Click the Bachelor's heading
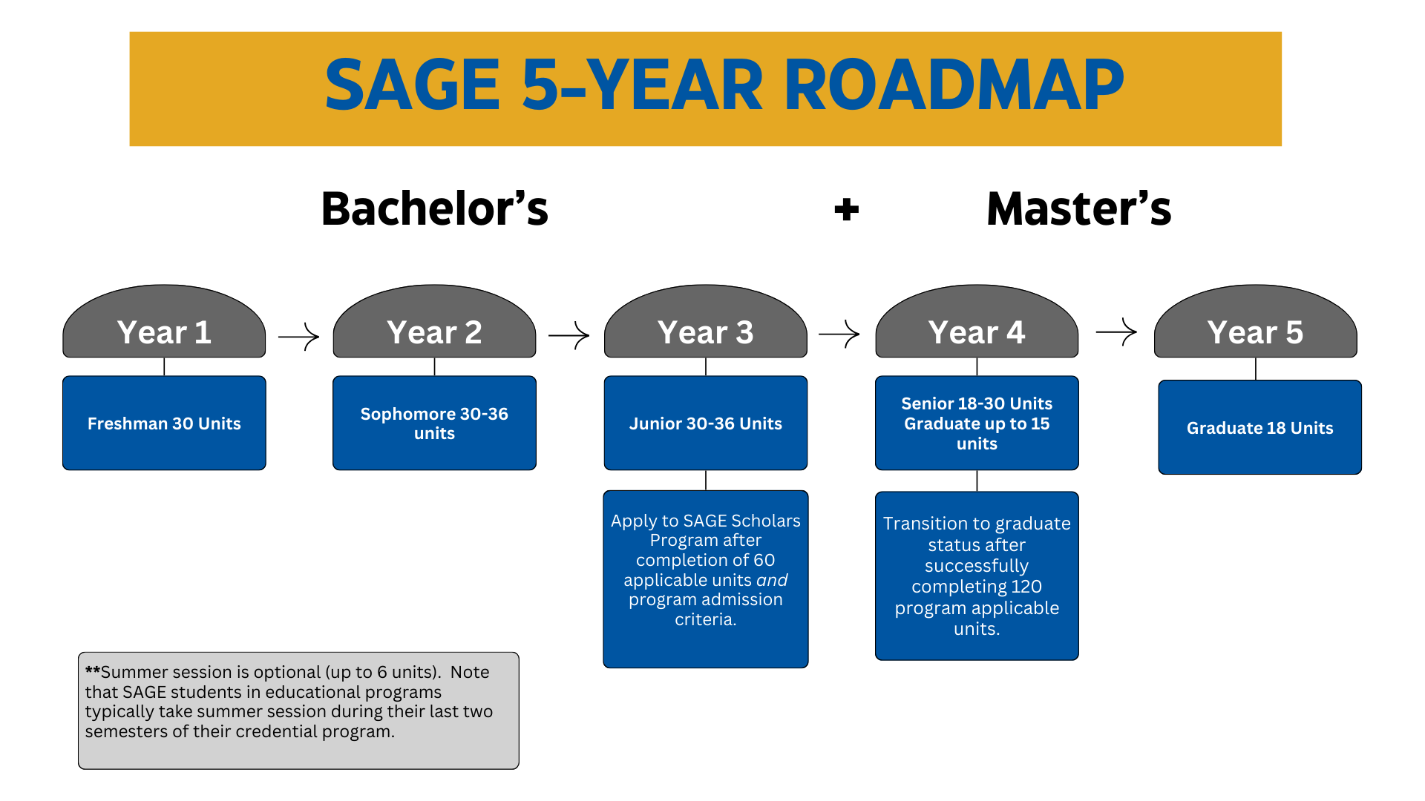point(434,209)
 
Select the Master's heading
point(1078,209)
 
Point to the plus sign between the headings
point(846,210)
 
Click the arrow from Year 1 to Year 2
point(299,336)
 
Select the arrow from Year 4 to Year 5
point(1116,332)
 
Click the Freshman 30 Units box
point(164,423)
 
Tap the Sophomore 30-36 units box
point(434,423)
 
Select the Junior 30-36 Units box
point(705,423)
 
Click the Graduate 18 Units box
point(1259,428)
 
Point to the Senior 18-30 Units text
point(977,403)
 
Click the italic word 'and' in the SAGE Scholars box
point(772,580)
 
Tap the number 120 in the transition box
point(1027,587)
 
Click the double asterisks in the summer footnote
point(92,671)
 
